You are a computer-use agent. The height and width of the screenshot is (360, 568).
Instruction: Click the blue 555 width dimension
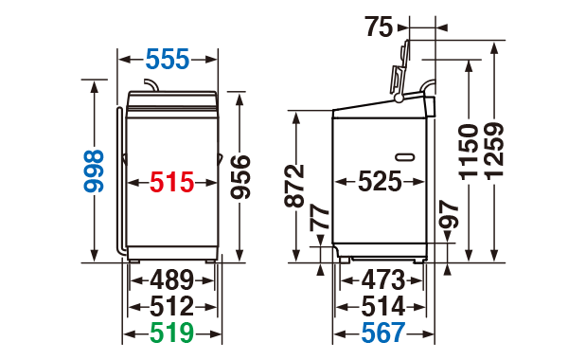tap(168, 59)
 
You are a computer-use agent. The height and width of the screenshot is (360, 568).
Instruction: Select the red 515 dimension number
tap(172, 182)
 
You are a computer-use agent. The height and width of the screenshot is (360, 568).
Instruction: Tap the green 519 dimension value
tap(172, 333)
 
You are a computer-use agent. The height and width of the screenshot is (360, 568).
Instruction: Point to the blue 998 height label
tap(94, 171)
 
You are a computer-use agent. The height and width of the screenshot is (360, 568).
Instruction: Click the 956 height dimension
tap(240, 177)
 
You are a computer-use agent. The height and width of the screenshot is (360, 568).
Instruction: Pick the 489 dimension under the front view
tap(172, 279)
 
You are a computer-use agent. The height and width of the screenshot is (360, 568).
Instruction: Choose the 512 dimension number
tap(172, 307)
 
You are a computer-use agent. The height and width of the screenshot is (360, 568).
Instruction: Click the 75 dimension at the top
tap(379, 27)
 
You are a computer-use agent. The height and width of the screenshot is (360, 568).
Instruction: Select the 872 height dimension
tap(294, 186)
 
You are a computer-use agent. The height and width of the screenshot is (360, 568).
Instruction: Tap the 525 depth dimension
tap(380, 181)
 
